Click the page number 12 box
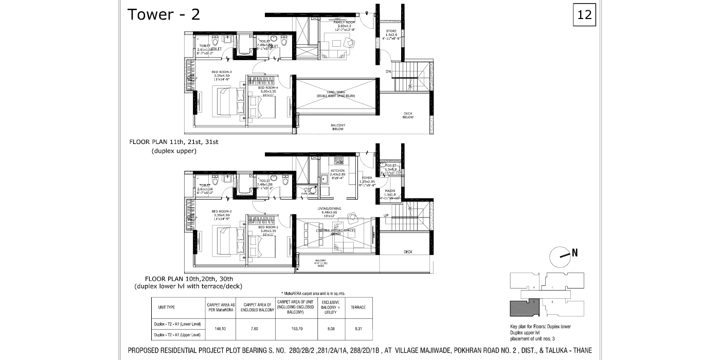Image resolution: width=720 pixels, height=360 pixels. (585, 14)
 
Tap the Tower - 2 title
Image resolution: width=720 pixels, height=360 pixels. (164, 14)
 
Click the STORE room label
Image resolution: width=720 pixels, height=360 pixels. (391, 31)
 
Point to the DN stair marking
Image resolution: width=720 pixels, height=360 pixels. (389, 71)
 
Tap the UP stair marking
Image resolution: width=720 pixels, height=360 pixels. (386, 215)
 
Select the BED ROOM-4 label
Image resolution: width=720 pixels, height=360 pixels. (268, 88)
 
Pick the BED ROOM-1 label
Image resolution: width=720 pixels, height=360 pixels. (268, 227)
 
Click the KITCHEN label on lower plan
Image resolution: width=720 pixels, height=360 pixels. (338, 171)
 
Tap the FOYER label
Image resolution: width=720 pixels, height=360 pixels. (367, 177)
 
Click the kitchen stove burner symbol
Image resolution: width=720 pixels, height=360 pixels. (338, 161)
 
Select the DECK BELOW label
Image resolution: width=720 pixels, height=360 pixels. (408, 115)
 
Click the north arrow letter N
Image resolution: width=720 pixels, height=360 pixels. (575, 253)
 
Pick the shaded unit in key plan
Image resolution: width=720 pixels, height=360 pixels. (524, 309)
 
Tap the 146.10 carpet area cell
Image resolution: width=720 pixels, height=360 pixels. (221, 328)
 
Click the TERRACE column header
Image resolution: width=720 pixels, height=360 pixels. (358, 308)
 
